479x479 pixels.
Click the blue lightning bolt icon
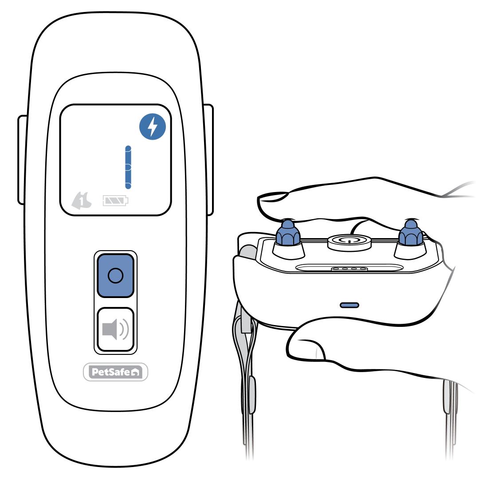coord(153,126)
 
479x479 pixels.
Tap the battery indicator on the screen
coord(115,201)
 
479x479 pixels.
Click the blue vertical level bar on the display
coord(128,167)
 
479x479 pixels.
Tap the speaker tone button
coord(115,330)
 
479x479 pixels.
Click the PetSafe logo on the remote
coord(115,372)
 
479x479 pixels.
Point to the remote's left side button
coord(23,160)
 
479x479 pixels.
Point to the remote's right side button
coord(208,160)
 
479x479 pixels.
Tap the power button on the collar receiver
coord(349,242)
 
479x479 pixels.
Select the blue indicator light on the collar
coord(349,305)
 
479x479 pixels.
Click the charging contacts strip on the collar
coord(349,269)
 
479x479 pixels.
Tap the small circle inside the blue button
coord(115,275)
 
